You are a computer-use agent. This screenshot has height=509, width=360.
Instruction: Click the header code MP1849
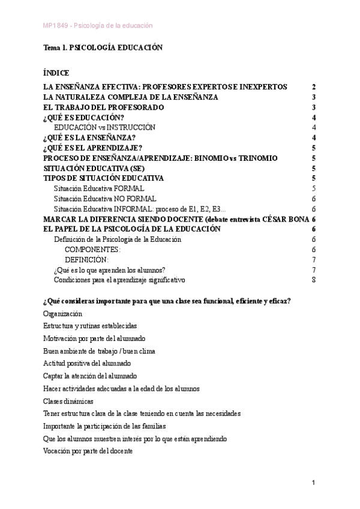click(55, 25)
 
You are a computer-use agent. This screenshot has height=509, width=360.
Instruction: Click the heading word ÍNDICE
click(56, 72)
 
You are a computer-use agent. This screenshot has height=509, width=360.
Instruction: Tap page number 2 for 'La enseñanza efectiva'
click(314, 86)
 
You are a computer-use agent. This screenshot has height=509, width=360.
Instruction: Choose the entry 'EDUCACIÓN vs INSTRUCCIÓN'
click(104, 127)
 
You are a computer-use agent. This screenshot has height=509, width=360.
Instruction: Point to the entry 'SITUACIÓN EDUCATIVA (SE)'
click(91, 168)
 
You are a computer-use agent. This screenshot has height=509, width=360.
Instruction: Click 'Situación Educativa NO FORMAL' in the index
click(105, 199)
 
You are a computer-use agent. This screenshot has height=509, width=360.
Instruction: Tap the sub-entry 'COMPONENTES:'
click(92, 250)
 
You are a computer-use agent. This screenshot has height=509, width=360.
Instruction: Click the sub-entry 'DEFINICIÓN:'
click(86, 260)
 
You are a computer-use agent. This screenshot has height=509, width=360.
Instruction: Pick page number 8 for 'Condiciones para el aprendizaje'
click(314, 280)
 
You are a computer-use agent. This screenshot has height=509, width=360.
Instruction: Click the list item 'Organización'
click(63, 313)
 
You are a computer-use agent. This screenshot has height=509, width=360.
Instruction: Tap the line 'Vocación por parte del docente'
click(88, 451)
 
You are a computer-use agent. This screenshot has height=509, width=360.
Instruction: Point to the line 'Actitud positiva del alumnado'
click(87, 363)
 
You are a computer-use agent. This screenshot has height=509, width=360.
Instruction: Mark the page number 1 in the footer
click(313, 483)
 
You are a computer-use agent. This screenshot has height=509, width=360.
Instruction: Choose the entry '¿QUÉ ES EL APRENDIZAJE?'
click(92, 148)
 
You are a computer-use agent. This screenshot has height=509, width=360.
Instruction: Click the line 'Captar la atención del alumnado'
click(90, 376)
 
